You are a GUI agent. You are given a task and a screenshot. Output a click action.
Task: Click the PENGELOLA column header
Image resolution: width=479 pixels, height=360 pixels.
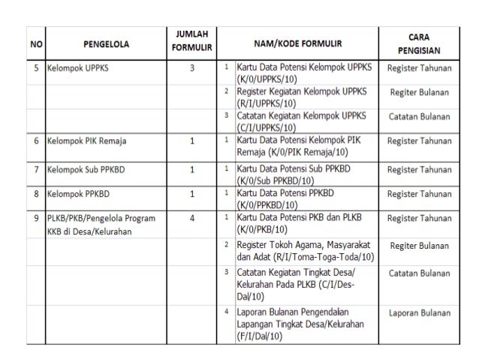click(x=106, y=44)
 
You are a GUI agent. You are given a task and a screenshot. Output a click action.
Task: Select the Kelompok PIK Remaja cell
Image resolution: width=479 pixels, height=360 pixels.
click(x=85, y=141)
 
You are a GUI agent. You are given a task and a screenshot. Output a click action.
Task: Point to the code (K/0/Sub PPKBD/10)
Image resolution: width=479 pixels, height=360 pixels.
click(x=275, y=180)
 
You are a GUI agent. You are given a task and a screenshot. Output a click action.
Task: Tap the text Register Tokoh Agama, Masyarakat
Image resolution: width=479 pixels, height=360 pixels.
click(x=304, y=246)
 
